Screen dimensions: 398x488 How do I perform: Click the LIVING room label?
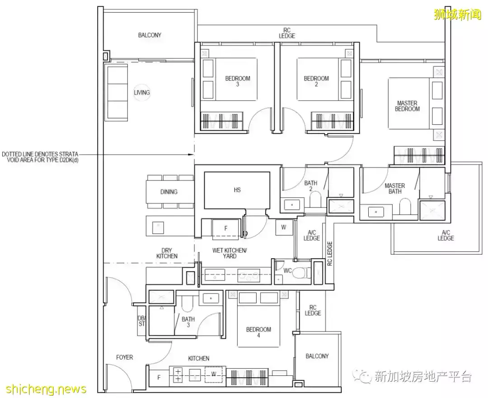(x=141, y=93)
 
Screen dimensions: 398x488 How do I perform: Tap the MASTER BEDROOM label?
(x=407, y=106)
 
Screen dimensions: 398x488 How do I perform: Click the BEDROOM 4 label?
(x=258, y=332)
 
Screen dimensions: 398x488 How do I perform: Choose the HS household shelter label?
(x=237, y=190)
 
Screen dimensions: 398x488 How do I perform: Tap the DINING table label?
(x=169, y=192)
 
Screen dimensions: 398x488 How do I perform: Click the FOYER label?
(x=124, y=357)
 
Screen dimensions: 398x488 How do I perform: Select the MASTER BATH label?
(x=394, y=189)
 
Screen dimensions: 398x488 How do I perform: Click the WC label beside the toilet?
(x=287, y=271)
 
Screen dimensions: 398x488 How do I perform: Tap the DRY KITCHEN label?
(x=167, y=253)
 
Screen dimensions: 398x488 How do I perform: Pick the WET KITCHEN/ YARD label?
(x=230, y=253)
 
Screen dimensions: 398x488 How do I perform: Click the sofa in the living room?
(x=116, y=92)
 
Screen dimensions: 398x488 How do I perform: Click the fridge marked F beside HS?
(x=225, y=229)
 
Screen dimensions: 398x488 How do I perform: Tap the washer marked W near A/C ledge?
(x=283, y=227)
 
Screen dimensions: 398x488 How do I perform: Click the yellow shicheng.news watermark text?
(x=43, y=389)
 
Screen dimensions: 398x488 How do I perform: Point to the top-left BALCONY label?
(x=150, y=35)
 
